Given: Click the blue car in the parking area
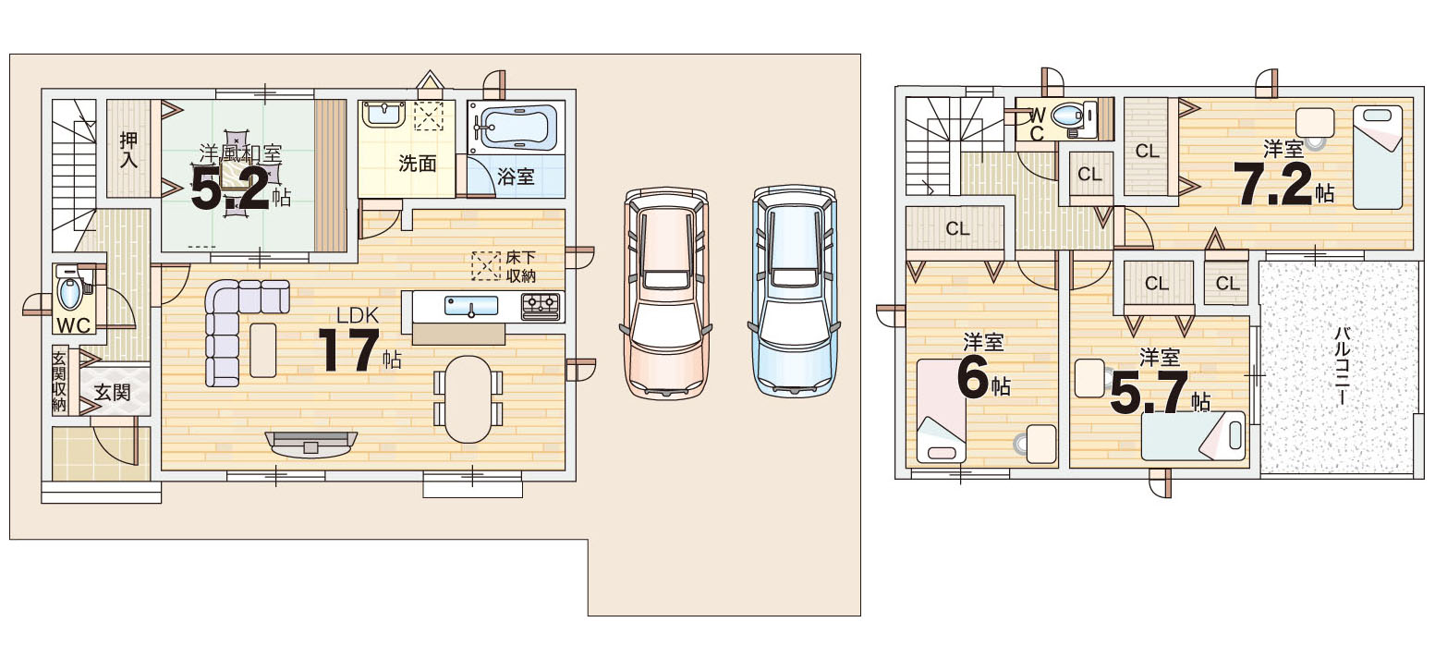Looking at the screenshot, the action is point(795,292).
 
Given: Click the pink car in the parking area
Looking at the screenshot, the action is point(666,294).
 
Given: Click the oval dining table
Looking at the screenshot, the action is point(468,398).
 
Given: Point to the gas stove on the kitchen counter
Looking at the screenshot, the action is point(541,306).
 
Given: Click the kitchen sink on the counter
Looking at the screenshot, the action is point(471,306).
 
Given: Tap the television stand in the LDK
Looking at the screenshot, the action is point(310,444).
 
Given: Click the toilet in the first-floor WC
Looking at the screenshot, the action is point(69,292).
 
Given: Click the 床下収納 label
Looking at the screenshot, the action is point(520,266).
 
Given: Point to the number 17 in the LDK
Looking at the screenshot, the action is point(349,350).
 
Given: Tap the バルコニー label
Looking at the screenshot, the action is point(1342,365).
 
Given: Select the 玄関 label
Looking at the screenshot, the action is point(112,392).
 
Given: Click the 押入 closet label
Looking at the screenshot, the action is point(128,150).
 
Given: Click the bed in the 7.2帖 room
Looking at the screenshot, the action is point(1378,157).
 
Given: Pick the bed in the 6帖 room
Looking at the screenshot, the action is point(941,410).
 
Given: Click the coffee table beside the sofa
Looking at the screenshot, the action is point(263,350).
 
